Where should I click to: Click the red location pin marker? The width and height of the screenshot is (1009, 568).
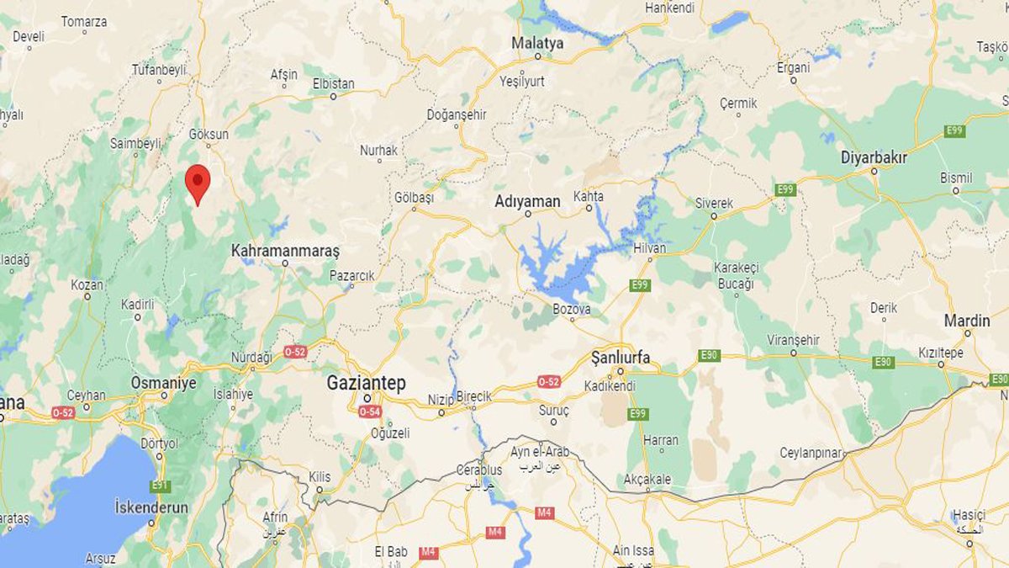(x=197, y=180)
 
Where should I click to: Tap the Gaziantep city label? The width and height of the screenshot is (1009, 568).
(x=366, y=384)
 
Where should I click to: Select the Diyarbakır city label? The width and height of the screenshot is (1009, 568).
(x=874, y=157)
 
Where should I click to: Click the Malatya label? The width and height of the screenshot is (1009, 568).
(x=538, y=43)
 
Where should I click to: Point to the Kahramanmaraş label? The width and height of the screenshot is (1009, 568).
(x=285, y=251)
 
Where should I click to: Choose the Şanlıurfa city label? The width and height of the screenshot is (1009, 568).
(x=621, y=358)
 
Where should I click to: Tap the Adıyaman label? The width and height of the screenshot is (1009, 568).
(x=527, y=201)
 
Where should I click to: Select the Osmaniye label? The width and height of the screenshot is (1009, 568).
(x=163, y=383)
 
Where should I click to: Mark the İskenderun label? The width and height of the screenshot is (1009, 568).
(x=151, y=507)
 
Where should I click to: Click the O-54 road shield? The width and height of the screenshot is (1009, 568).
(x=370, y=411)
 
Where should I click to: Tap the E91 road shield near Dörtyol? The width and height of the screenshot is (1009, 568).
(x=160, y=486)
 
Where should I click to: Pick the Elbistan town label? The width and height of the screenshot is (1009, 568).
(x=334, y=84)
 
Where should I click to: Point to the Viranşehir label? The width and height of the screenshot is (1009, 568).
(x=793, y=340)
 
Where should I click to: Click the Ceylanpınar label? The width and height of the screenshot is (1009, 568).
(x=811, y=453)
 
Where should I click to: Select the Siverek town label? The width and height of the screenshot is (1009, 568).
(x=714, y=204)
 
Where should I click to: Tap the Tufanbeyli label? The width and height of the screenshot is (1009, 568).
(x=159, y=70)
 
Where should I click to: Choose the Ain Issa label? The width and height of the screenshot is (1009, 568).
(x=633, y=550)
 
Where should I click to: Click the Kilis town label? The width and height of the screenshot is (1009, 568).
(x=320, y=477)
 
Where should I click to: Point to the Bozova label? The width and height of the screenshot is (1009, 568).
(x=572, y=310)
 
